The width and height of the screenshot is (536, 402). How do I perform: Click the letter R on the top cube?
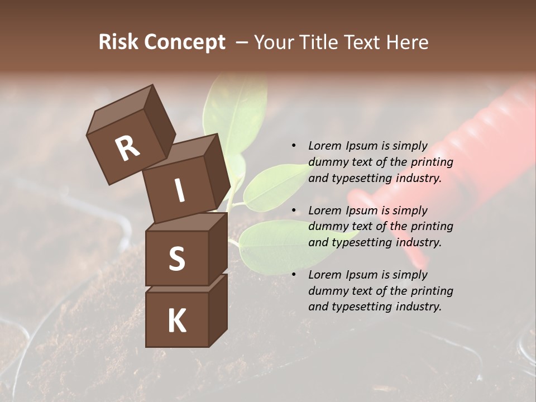127,148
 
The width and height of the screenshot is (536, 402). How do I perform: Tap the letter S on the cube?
176,259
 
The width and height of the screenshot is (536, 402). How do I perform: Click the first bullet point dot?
294,146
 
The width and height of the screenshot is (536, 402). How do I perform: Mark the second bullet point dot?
294,210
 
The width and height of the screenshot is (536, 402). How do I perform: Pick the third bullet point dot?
294,275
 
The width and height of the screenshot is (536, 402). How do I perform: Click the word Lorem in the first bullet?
325,146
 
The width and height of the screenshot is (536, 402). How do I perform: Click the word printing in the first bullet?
432,162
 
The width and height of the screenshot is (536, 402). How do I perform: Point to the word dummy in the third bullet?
326,291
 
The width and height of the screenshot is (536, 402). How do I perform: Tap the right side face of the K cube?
218,310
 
